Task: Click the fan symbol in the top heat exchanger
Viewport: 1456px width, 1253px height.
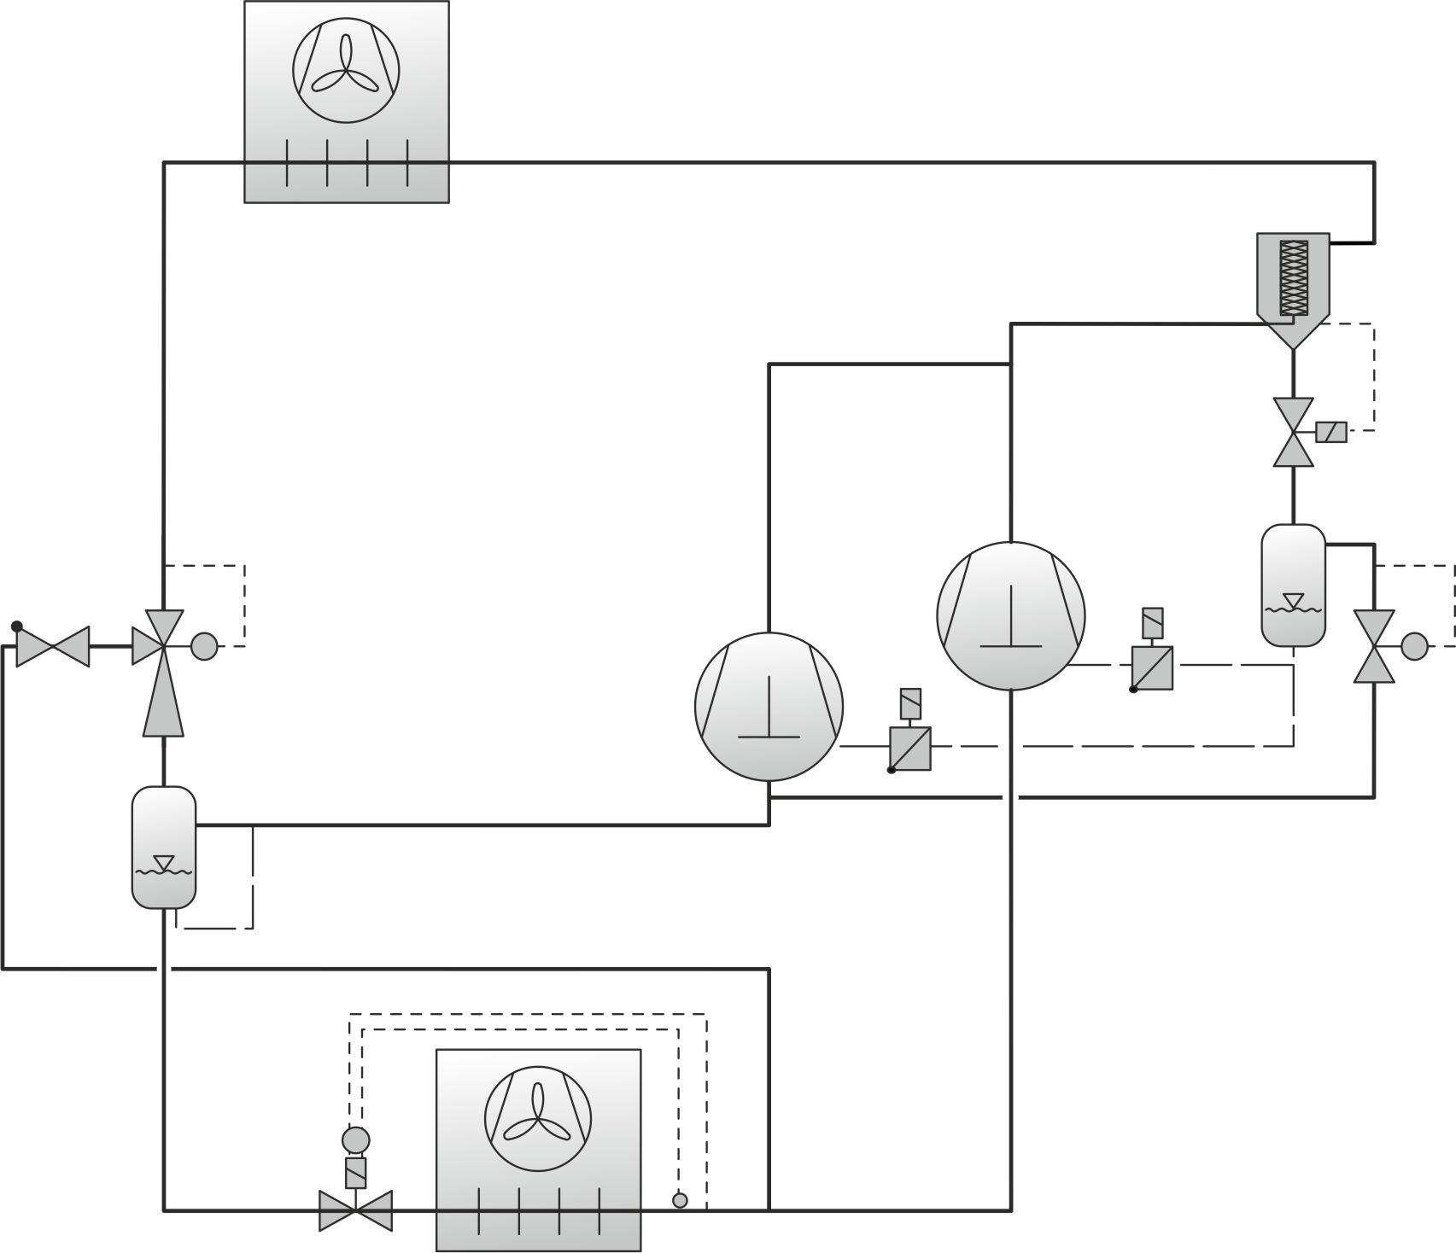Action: click(346, 67)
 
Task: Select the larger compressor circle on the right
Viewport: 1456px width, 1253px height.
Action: click(1010, 615)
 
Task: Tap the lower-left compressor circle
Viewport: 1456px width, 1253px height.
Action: click(769, 706)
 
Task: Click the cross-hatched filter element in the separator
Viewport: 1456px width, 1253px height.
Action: click(1294, 277)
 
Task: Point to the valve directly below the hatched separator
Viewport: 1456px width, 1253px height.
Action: click(1293, 432)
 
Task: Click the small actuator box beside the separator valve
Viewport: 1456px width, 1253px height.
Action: click(1331, 432)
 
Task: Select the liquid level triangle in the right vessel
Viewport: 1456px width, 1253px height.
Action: click(1293, 600)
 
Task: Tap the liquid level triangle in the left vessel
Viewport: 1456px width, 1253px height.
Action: click(163, 862)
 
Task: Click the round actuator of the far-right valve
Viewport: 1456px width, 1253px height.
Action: click(1414, 645)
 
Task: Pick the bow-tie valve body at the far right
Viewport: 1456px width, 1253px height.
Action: click(1374, 646)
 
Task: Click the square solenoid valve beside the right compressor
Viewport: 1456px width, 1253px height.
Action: click(1152, 667)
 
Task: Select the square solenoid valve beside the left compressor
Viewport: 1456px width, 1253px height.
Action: click(910, 749)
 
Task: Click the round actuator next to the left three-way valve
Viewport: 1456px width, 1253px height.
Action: click(204, 646)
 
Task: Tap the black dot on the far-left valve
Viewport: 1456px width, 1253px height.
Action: click(17, 626)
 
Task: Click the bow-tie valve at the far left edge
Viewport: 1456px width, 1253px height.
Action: click(53, 646)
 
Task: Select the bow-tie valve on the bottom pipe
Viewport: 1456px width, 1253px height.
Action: click(355, 1209)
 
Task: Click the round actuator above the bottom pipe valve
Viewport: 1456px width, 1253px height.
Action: click(355, 1139)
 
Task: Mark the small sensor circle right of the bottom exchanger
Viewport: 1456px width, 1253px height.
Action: click(680, 1200)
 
